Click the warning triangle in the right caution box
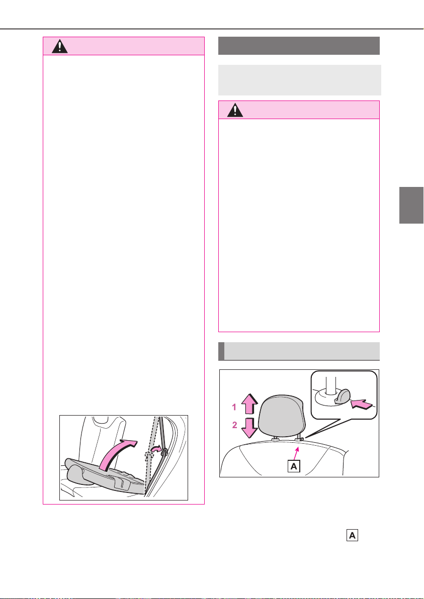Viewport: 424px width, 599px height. pyautogui.click(x=235, y=110)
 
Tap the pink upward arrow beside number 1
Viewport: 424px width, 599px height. pyautogui.click(x=249, y=405)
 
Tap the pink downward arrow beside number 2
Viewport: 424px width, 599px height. pyautogui.click(x=249, y=428)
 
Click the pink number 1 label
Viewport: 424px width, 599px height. pyautogui.click(x=233, y=408)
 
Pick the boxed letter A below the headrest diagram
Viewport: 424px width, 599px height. pyautogui.click(x=353, y=536)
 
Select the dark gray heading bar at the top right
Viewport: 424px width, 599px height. pyautogui.click(x=299, y=46)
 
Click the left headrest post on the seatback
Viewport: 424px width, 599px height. pyautogui.click(x=275, y=439)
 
